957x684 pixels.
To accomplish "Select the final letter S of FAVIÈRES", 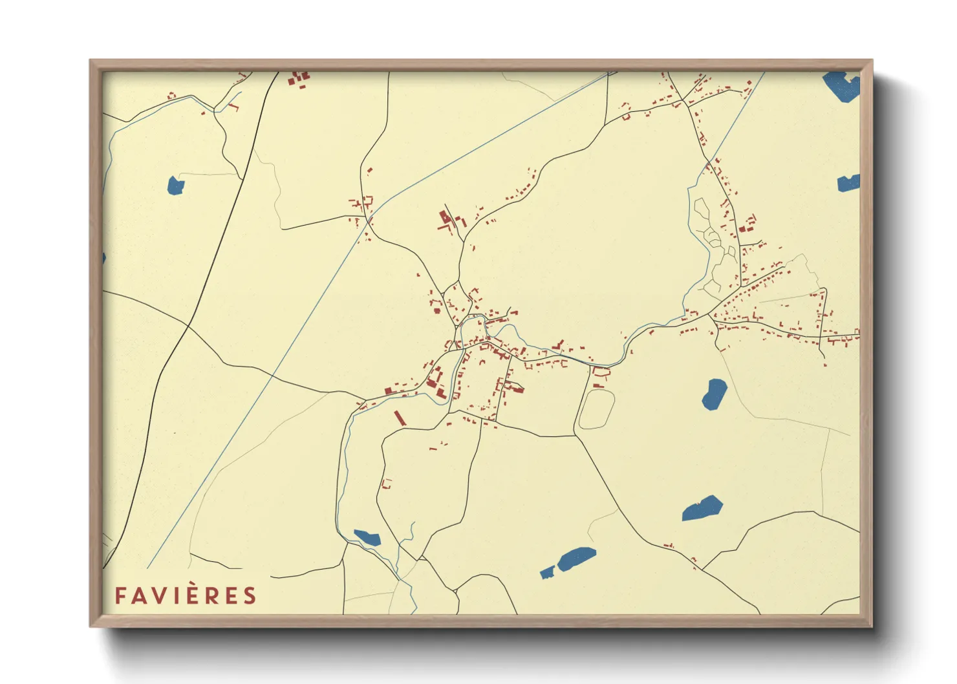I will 250,595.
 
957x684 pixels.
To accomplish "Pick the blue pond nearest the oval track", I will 714,394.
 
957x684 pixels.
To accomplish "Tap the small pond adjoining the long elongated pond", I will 547,573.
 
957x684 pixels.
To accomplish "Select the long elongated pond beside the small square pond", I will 576,559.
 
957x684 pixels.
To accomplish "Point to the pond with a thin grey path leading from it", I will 175,186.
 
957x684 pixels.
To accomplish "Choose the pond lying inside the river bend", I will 367,537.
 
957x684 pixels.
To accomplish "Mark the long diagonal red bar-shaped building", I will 400,417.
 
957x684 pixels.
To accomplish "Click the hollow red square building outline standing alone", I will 387,483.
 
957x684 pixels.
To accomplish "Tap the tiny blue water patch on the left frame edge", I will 103,259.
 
